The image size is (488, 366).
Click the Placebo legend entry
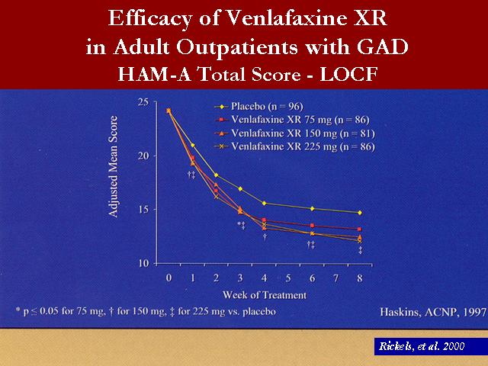pyautogui.click(x=258, y=107)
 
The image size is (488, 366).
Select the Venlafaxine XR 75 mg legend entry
pyautogui.click(x=292, y=120)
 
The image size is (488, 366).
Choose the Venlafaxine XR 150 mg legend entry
pyautogui.click(x=294, y=133)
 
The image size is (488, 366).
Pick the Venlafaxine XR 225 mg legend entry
pyautogui.click(x=294, y=146)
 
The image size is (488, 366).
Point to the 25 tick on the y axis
pyautogui.click(x=143, y=102)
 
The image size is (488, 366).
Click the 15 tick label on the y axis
pyautogui.click(x=143, y=210)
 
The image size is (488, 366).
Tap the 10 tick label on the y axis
pyautogui.click(x=143, y=263)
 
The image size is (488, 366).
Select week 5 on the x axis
pyautogui.click(x=288, y=278)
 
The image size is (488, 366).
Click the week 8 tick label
pyautogui.click(x=360, y=278)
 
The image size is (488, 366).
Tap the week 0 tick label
pyautogui.click(x=169, y=278)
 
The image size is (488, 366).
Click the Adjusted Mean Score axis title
pyautogui.click(x=113, y=166)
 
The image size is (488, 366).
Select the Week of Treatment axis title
pyautogui.click(x=265, y=295)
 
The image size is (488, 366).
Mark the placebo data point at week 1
pyautogui.click(x=193, y=145)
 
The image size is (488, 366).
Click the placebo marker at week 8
pyautogui.click(x=360, y=213)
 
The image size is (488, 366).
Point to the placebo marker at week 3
pyautogui.click(x=240, y=189)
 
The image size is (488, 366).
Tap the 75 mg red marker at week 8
pyautogui.click(x=360, y=229)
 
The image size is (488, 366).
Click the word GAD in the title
pyautogui.click(x=382, y=47)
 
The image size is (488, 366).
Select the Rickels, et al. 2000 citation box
pyautogui.click(x=431, y=346)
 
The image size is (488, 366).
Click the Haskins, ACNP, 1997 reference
pyautogui.click(x=433, y=312)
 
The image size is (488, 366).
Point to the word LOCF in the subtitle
pyautogui.click(x=349, y=75)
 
